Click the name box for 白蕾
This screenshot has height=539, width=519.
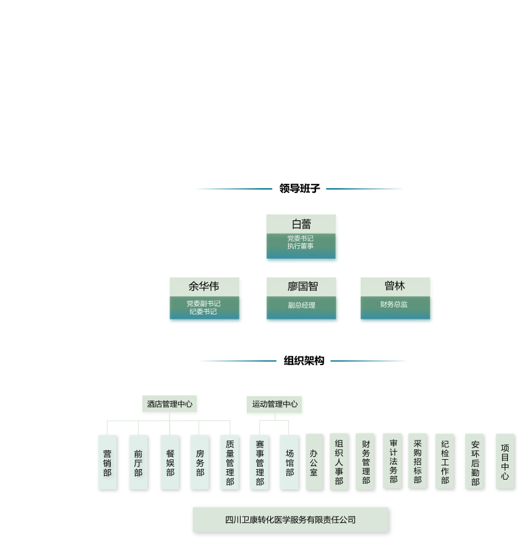pyautogui.click(x=302, y=224)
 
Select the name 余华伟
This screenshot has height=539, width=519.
pyautogui.click(x=204, y=287)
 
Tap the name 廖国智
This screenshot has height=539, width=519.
pyautogui.click(x=302, y=287)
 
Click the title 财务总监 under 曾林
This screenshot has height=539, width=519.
pyautogui.click(x=394, y=304)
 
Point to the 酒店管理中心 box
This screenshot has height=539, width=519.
pyautogui.click(x=170, y=405)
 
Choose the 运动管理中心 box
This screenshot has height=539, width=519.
pyautogui.click(x=275, y=405)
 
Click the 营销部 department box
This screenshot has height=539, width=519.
pyautogui.click(x=107, y=462)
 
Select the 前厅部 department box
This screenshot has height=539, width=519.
pyautogui.click(x=138, y=462)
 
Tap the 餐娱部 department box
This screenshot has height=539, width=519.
pyautogui.click(x=169, y=462)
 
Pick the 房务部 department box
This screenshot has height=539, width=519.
pyautogui.click(x=199, y=462)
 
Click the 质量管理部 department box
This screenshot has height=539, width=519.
pyautogui.click(x=229, y=462)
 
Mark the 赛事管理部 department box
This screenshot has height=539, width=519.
pyautogui.click(x=260, y=462)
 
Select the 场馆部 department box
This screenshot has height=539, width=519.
pyautogui.click(x=290, y=462)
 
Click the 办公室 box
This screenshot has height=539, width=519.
pyautogui.click(x=314, y=462)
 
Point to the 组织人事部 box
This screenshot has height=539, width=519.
pyautogui.click(x=339, y=462)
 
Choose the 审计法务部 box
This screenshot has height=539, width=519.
pyautogui.click(x=392, y=461)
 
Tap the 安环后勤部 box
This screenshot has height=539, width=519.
pyautogui.click(x=474, y=462)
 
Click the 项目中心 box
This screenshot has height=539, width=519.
pyautogui.click(x=505, y=461)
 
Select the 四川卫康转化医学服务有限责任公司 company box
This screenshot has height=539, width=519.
pyautogui.click(x=290, y=519)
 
